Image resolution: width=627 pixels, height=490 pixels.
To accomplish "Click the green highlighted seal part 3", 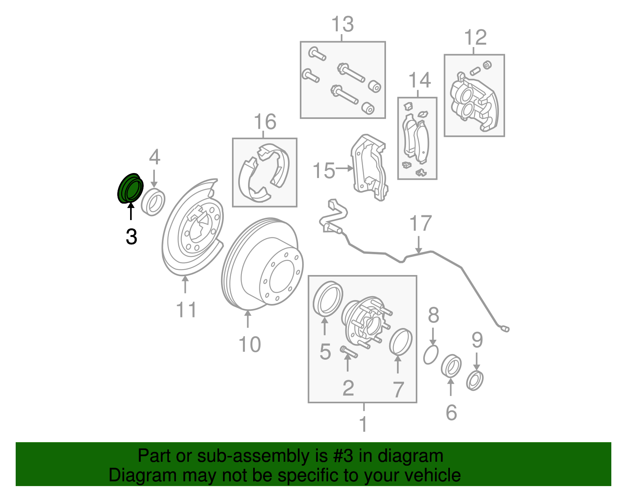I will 130,188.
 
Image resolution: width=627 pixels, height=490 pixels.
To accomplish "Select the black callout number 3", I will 131,237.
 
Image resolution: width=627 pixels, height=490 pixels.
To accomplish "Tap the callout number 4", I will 154,157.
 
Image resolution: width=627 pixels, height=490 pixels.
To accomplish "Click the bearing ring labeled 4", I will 153,202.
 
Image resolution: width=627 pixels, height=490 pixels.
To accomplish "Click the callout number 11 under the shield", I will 186,310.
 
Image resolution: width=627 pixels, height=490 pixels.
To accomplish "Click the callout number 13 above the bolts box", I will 342,24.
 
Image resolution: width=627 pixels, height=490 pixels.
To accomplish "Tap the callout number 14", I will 419,80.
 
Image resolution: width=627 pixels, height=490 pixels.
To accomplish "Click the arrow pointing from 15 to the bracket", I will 345,168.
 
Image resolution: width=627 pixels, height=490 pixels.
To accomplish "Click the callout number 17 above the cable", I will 420,224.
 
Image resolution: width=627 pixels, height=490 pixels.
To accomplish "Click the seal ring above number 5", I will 328,298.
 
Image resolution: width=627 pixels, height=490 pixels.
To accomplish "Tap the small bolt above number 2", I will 348,351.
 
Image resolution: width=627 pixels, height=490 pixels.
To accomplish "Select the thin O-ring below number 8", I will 431,355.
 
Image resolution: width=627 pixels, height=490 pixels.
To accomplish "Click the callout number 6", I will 451,412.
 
